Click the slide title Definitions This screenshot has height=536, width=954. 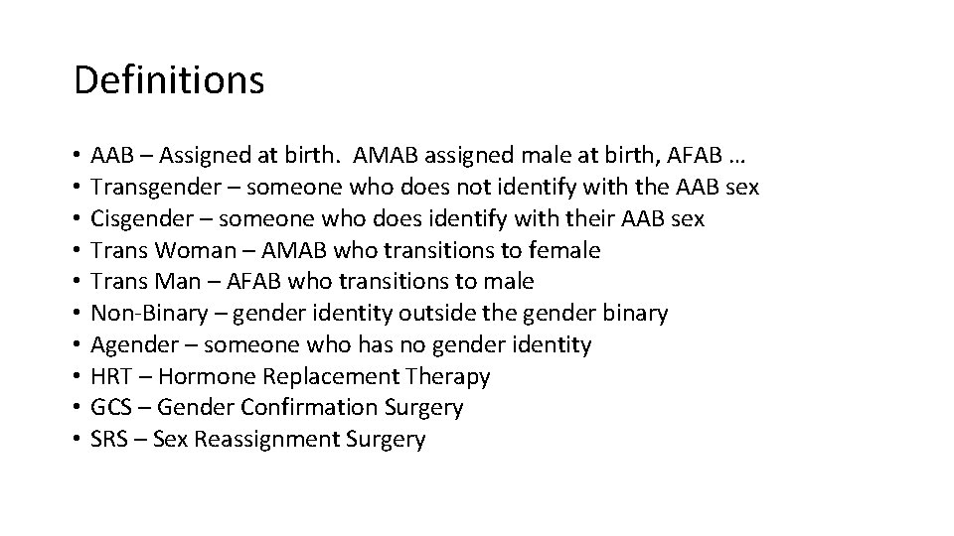tap(169, 80)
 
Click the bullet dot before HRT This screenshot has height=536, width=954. tap(77, 377)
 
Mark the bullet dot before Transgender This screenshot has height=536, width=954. tap(77, 188)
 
